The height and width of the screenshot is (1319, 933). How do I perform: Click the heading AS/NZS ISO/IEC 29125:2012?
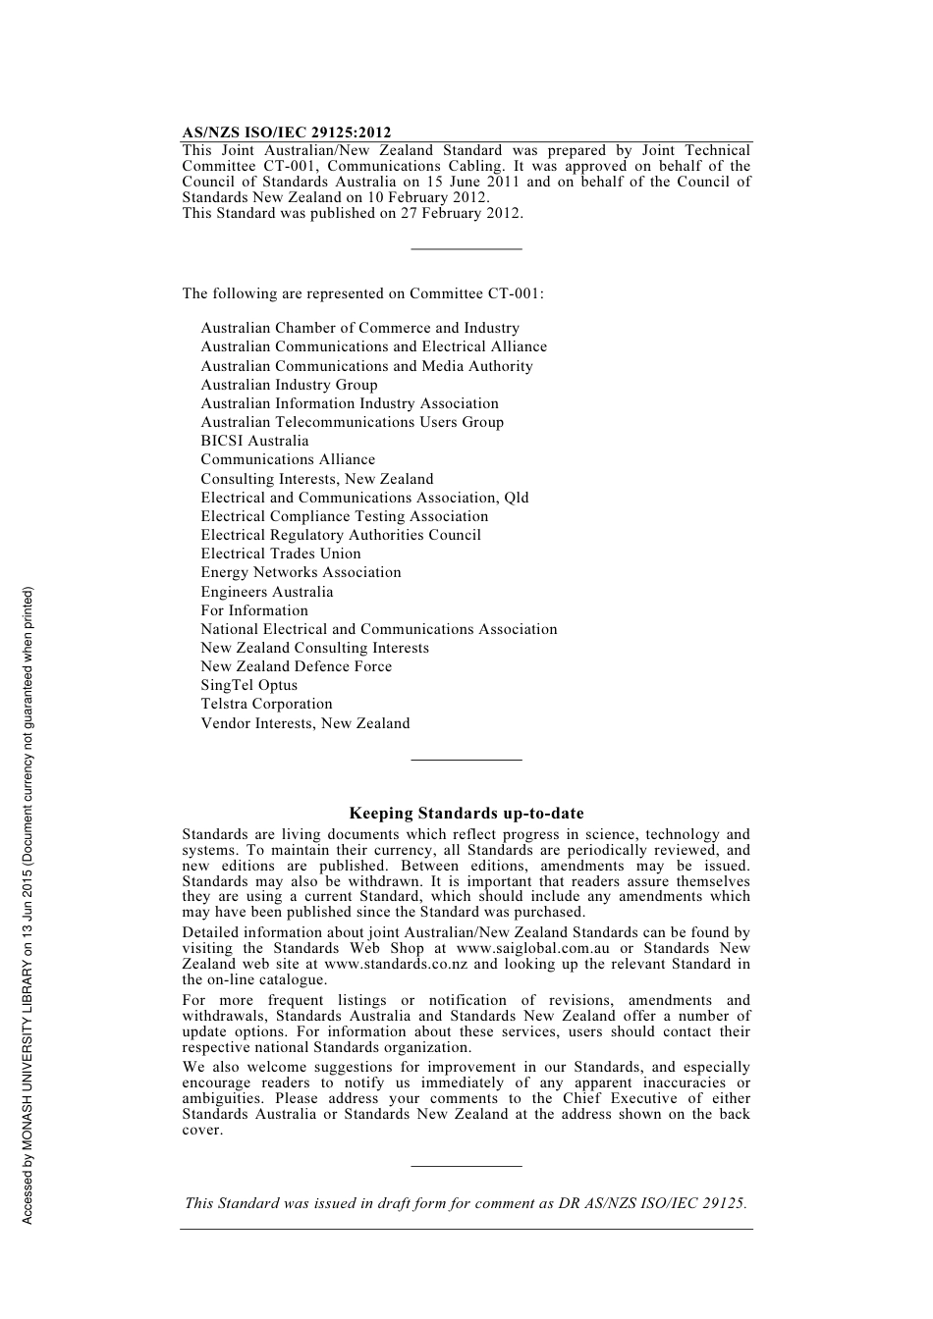pos(286,132)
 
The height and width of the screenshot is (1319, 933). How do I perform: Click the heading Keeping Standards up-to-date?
pos(466,814)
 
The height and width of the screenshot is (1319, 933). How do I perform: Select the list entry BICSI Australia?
pos(254,441)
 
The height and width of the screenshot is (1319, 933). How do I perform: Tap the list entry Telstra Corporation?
pos(266,704)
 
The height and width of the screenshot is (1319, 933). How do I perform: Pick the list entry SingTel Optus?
pos(248,685)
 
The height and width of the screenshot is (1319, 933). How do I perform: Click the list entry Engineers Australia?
pos(266,592)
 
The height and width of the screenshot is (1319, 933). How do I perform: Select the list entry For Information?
pos(253,610)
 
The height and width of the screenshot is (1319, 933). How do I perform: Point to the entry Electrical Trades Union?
pos(281,554)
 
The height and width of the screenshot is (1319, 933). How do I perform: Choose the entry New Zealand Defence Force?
pos(296,666)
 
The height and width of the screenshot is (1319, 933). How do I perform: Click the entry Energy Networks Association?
pos(301,572)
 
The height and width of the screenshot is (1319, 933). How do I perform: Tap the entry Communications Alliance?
pos(288,459)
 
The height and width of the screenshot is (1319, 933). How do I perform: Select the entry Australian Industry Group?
pos(289,385)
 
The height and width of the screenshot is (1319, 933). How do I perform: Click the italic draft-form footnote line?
pos(466,1203)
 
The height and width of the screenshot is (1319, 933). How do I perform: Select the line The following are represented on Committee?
pos(362,293)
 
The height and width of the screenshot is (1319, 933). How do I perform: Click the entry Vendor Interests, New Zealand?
pos(304,723)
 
